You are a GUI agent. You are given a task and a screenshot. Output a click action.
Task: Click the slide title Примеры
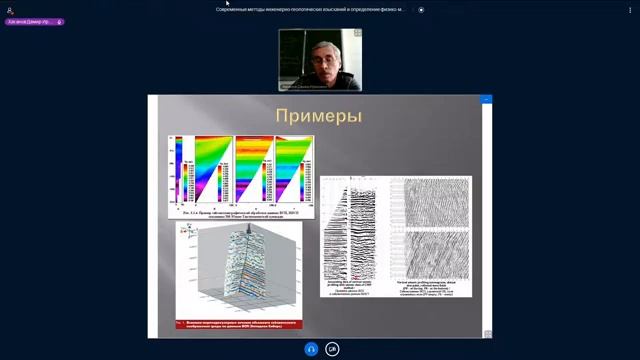[319, 117]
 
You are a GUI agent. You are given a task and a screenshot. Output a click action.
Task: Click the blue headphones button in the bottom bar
[311, 349]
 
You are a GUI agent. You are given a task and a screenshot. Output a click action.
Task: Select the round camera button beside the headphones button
[332, 349]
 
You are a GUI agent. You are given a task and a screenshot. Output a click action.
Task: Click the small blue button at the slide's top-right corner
[487, 100]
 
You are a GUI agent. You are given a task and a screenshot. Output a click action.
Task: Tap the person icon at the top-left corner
[9, 10]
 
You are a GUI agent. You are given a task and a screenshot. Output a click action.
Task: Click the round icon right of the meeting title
[421, 9]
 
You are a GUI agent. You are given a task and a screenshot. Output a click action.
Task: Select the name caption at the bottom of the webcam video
[320, 87]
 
